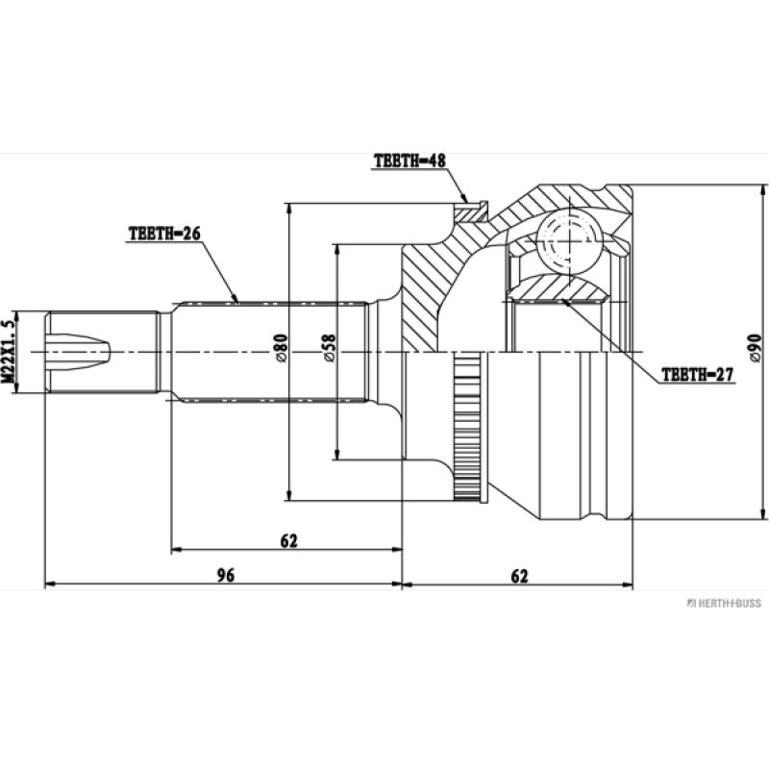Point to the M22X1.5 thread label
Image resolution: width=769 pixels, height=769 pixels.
pyautogui.click(x=10, y=352)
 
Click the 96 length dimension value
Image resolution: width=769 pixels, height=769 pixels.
pyautogui.click(x=225, y=576)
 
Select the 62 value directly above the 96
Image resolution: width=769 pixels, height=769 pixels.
pyautogui.click(x=288, y=541)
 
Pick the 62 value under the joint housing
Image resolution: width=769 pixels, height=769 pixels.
pyautogui.click(x=519, y=576)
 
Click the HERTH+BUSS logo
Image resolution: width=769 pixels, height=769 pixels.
pyautogui.click(x=722, y=603)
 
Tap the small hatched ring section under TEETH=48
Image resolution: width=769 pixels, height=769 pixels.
pyautogui.click(x=471, y=211)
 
